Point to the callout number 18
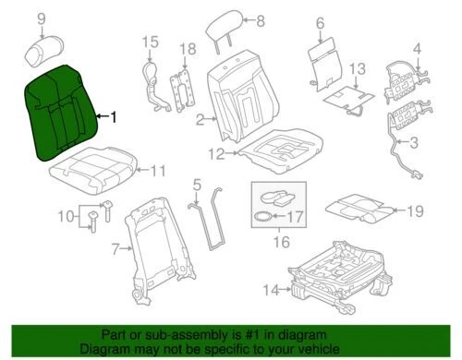click(187, 48)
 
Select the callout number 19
click(416, 211)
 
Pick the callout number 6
click(320, 22)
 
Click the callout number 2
click(199, 119)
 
